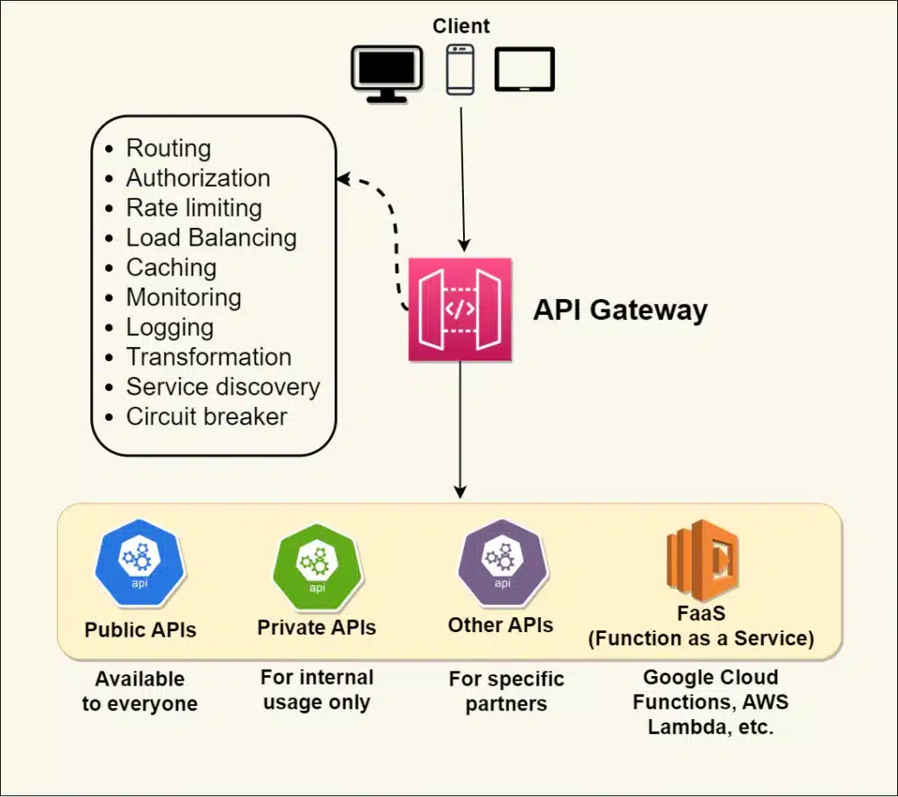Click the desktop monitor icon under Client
pos(387,73)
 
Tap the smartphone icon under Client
pos(460,70)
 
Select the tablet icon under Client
pos(524,69)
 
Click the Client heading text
pos(461,26)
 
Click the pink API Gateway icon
pos(460,309)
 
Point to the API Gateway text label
pos(620,310)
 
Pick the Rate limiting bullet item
pos(194,208)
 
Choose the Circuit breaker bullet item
pos(206,416)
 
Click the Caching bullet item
pos(171,267)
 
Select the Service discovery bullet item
pos(223,387)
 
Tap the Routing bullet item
pos(168,148)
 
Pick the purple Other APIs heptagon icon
pos(502,564)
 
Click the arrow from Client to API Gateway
pos(462,175)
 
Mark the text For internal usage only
pos(317,689)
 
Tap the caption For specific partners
pos(506,691)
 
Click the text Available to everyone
pos(140,691)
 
